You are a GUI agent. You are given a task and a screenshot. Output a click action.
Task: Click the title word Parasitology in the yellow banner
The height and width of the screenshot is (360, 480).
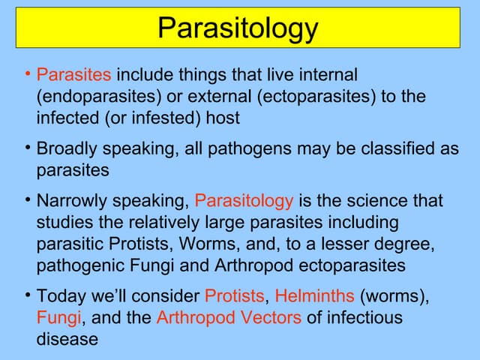pos(238,28)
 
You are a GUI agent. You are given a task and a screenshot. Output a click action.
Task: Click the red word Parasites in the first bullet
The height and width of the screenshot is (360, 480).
pos(74,76)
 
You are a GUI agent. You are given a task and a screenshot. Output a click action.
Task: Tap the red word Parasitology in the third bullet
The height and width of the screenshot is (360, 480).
pos(244,201)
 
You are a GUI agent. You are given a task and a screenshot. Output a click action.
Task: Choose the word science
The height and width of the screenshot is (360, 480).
pos(366,201)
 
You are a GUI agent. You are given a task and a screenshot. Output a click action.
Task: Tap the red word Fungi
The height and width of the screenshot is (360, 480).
pos(58,317)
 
